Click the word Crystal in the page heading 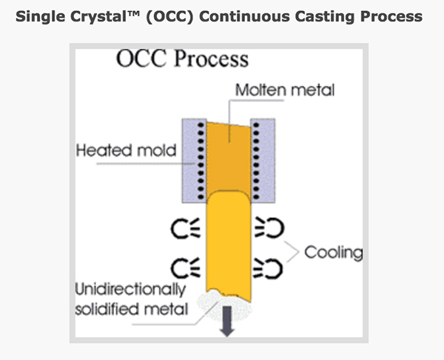(98, 17)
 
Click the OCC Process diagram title (182, 59)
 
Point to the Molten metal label (285, 90)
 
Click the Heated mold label (127, 150)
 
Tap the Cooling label (334, 252)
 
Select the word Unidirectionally (130, 290)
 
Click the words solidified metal (132, 309)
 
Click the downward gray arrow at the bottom (227, 322)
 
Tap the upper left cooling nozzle (186, 228)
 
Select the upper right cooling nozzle (269, 227)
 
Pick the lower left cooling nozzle (186, 268)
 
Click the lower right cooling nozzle (268, 268)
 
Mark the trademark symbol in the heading (133, 13)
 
